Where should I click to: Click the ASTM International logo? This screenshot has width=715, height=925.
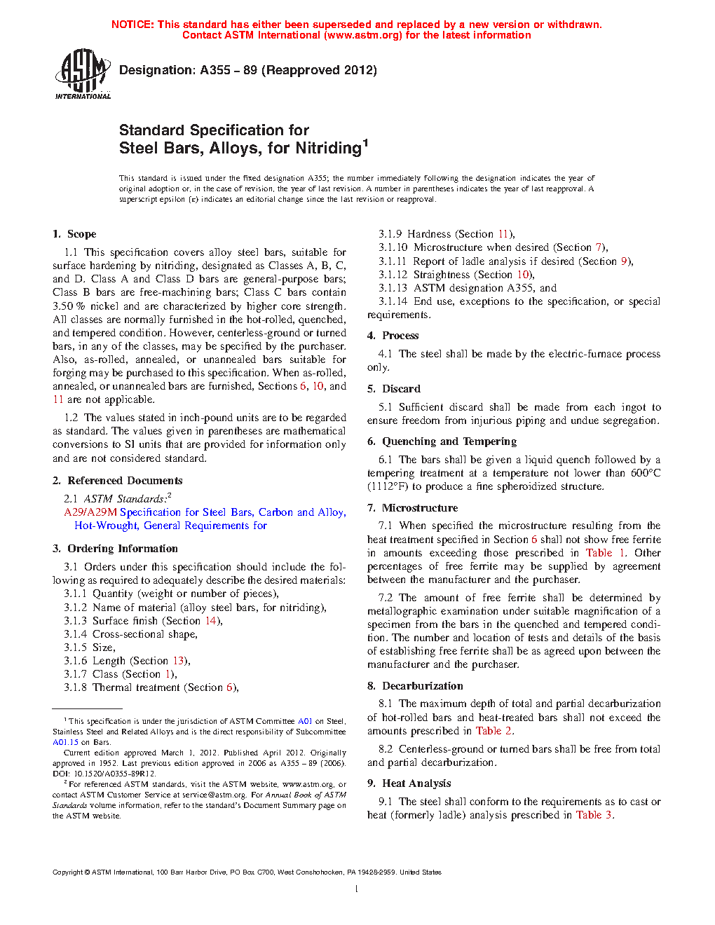[83, 74]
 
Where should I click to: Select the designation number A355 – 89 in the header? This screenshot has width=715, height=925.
[229, 70]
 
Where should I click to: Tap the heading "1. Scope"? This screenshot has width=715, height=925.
[74, 234]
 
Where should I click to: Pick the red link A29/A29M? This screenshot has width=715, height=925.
[90, 512]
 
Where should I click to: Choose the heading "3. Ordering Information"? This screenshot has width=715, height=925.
[115, 549]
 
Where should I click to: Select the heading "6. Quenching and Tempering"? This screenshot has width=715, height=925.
[442, 441]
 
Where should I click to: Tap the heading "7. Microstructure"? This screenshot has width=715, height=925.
[412, 508]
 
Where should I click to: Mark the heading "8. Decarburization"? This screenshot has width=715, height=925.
[415, 686]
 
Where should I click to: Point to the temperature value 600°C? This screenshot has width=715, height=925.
[645, 473]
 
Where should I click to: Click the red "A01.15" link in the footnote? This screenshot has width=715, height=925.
[65, 742]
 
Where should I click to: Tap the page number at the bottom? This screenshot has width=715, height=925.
[357, 889]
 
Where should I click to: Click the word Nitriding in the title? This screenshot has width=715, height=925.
[328, 149]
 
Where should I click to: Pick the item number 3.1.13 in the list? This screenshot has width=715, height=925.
[393, 288]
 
